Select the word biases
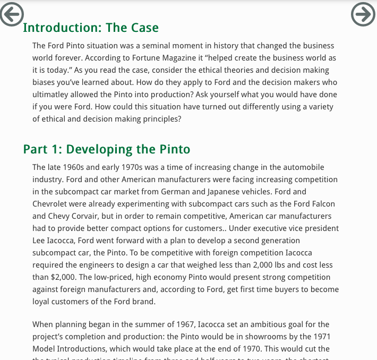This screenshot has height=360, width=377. pyautogui.click(x=44, y=82)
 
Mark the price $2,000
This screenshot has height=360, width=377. pyautogui.click(x=62, y=277)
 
